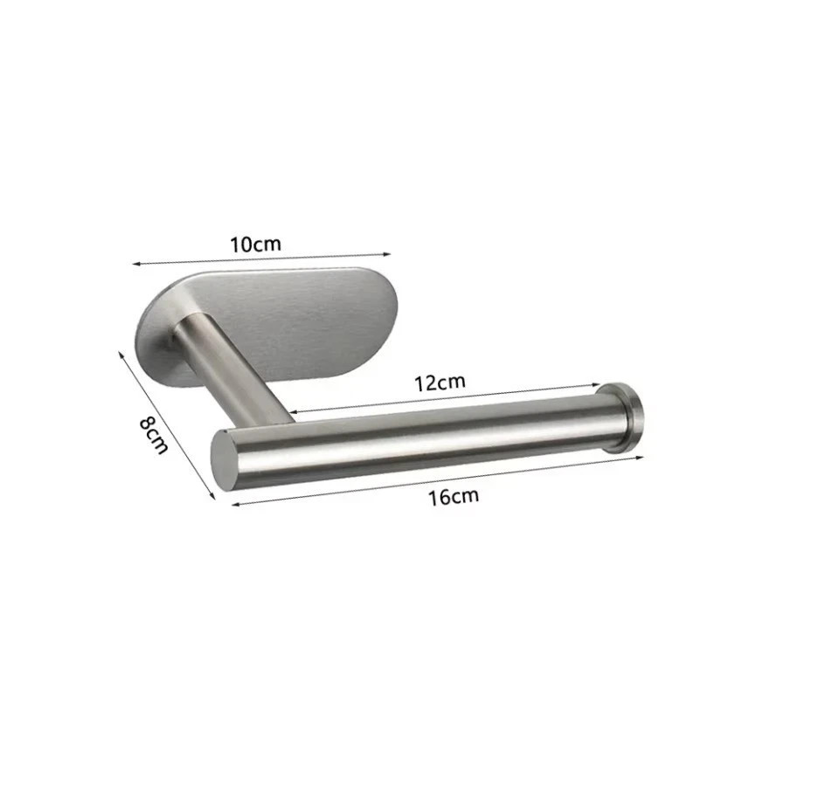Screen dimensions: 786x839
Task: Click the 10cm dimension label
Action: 256,244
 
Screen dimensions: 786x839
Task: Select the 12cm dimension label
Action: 440,382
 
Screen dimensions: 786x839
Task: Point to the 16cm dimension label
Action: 454,497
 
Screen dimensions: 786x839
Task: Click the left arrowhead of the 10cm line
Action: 135,262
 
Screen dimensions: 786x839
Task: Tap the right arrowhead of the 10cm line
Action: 389,254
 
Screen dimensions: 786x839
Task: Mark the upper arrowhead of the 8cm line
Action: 120,352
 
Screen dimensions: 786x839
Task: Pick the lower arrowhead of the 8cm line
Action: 212,497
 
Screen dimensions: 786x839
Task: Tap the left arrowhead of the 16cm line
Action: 233,504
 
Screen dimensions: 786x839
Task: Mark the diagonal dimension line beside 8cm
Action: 166,424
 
